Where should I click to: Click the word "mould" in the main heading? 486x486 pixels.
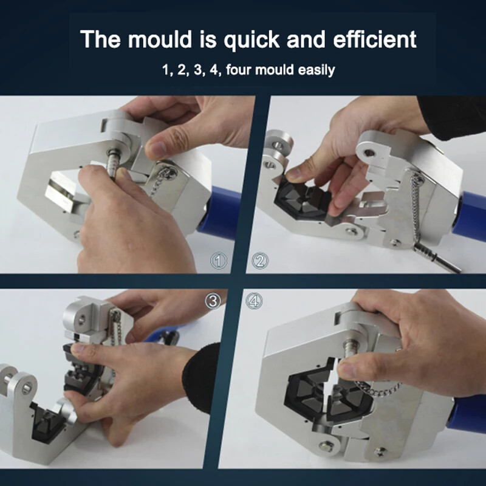160,39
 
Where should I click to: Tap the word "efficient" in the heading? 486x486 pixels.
375,39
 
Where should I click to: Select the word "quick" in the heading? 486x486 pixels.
252,40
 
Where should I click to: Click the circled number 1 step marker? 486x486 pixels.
219,261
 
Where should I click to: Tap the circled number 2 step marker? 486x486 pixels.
260,261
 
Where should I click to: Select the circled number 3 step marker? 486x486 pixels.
213,301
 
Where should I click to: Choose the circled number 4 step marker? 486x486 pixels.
254,301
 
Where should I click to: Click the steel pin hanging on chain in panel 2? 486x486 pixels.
437,258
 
